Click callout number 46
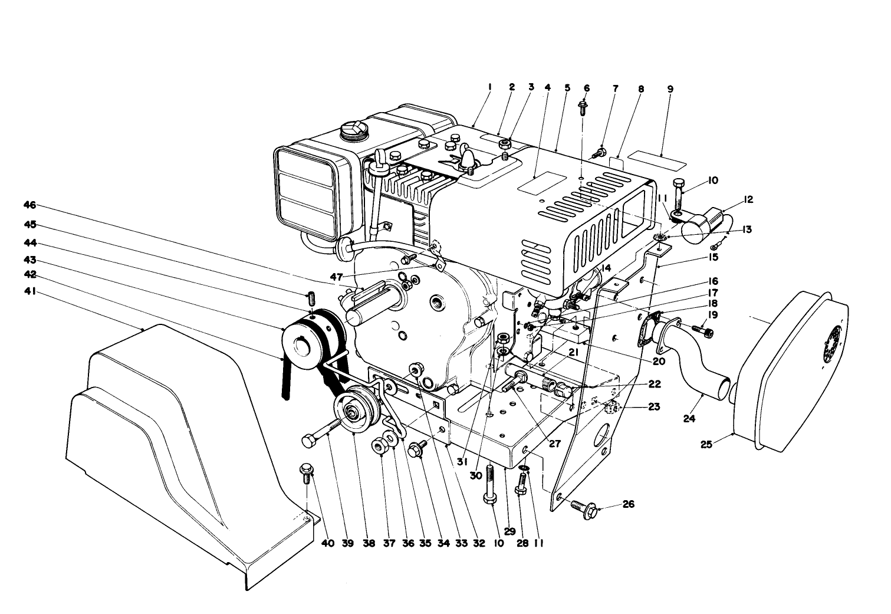point(29,205)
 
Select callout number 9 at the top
point(670,89)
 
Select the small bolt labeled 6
point(583,108)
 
